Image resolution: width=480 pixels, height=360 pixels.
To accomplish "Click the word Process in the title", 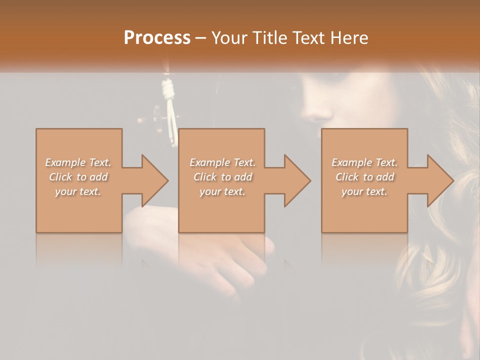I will (157, 38).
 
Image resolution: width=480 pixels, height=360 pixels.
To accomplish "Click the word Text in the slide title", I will (308, 38).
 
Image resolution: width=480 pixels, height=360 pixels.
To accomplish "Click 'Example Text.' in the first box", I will (78, 162).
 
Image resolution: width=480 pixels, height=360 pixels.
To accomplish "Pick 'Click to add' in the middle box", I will (222, 177).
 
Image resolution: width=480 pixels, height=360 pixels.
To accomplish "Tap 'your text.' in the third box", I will (364, 191).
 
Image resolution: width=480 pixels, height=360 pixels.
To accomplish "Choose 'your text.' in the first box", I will (78, 191).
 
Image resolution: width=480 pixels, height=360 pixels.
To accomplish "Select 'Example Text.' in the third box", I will (364, 162).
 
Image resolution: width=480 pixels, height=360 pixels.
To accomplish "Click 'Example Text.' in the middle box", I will (222, 162).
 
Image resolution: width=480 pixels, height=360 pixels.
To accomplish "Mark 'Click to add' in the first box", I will (78, 177).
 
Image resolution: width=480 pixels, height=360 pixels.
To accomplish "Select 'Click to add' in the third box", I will (364, 177).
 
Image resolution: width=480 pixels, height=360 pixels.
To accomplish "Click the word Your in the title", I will (229, 38).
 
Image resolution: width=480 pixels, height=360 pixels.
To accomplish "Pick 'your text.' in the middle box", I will (222, 191).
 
